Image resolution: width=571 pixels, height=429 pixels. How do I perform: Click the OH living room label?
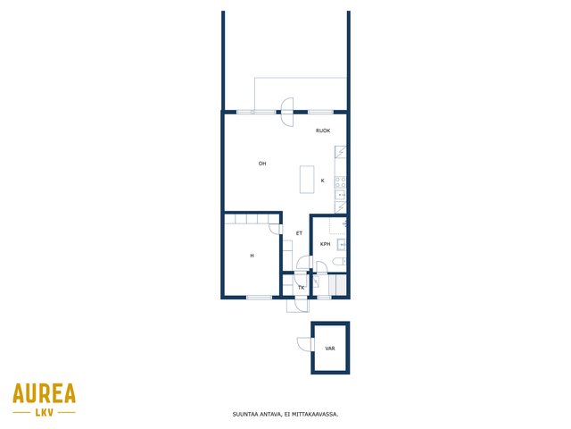[x=262, y=164]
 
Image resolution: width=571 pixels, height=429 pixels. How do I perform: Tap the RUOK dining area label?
[x=323, y=130]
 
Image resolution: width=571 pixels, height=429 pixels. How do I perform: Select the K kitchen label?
[x=322, y=181]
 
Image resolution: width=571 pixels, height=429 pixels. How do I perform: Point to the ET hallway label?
[x=299, y=233]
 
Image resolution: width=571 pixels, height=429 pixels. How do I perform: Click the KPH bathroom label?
[x=325, y=244]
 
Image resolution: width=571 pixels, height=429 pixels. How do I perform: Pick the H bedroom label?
[x=252, y=256]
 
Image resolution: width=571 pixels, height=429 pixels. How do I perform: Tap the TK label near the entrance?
[x=302, y=288]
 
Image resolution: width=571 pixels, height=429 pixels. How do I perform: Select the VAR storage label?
[x=330, y=349]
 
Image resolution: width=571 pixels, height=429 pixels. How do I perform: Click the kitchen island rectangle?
[x=307, y=179]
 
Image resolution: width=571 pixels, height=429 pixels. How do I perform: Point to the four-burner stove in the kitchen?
[x=341, y=182]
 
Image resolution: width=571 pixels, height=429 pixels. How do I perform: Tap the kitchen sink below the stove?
[x=341, y=195]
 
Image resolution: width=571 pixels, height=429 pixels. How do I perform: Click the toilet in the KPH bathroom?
[x=339, y=261]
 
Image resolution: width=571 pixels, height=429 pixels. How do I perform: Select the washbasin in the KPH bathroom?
[x=341, y=244]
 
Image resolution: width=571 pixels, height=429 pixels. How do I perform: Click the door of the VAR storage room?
[x=305, y=344]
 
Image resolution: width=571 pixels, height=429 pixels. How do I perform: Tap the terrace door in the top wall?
[x=287, y=112]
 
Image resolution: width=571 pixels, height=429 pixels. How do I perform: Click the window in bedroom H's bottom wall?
[x=259, y=298]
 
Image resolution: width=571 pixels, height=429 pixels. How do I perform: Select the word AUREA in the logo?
[x=44, y=393]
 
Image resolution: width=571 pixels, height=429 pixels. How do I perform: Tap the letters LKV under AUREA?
[x=45, y=413]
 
